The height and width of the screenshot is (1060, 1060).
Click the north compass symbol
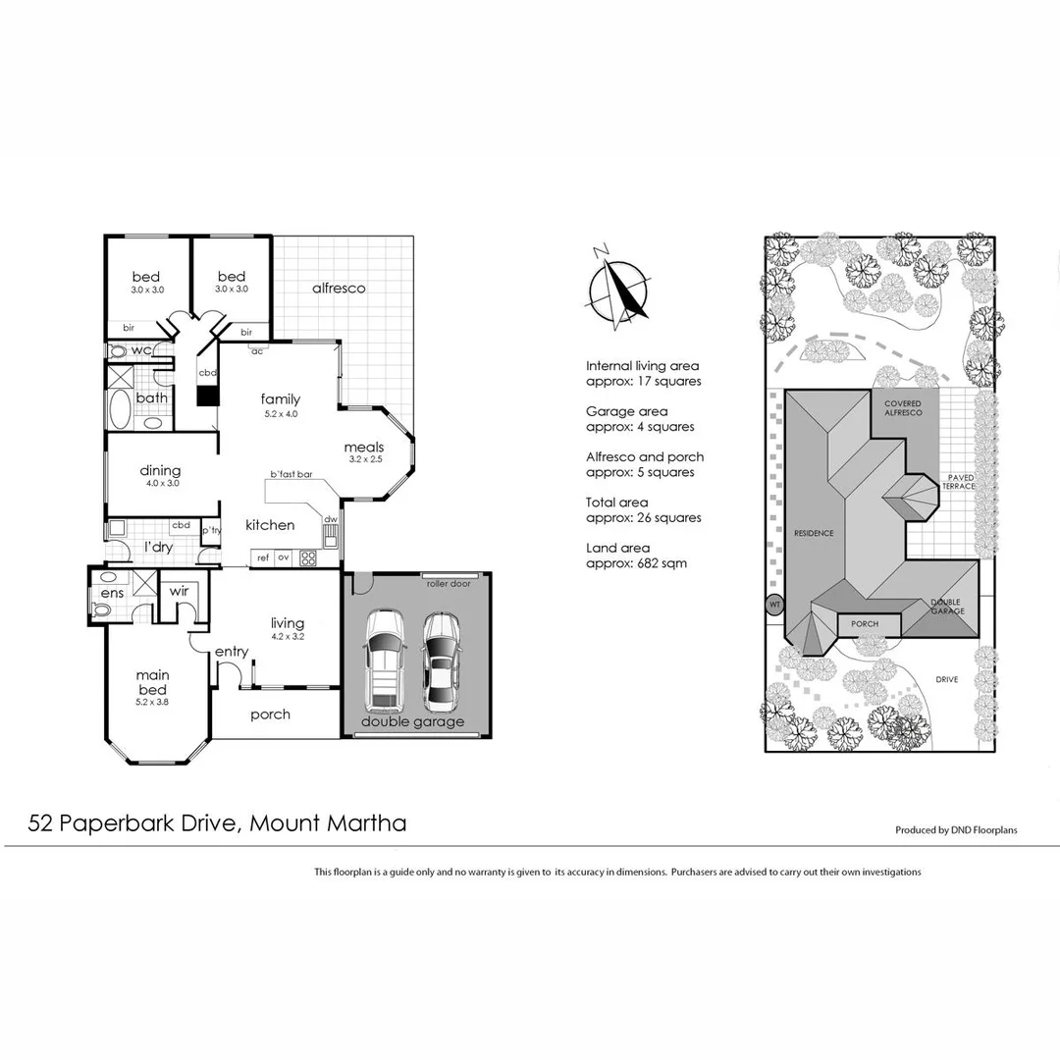pos(617,288)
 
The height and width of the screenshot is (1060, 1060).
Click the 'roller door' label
pos(449,583)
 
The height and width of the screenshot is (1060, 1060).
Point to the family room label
pos(280,399)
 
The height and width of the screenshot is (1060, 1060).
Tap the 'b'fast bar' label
pos(291,475)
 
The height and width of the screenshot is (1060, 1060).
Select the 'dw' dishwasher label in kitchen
pos(331,519)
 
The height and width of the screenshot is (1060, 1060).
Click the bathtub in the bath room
pos(120,409)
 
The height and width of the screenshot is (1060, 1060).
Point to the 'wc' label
pos(140,350)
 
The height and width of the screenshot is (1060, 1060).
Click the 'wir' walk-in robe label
pos(179,591)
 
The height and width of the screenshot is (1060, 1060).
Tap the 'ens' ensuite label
pos(111,594)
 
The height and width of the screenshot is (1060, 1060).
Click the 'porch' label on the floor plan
pos(270,715)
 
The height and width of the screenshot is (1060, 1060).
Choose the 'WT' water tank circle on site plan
pos(774,605)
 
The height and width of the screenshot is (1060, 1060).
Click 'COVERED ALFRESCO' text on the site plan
pos(903,408)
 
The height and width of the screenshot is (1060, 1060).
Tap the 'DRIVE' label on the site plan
pos(946,678)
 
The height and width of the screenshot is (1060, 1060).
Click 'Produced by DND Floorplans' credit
pos(955,829)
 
